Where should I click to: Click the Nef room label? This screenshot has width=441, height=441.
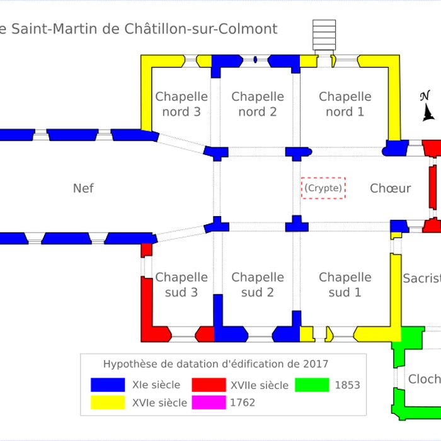tap(83, 188)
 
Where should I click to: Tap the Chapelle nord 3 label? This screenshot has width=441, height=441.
tap(181, 104)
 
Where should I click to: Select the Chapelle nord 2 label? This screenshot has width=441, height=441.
tap(257, 104)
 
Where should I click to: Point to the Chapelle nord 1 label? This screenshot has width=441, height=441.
tap(345, 104)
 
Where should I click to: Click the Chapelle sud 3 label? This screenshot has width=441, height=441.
tap(181, 285)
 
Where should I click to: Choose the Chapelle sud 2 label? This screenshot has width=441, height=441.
tap(257, 285)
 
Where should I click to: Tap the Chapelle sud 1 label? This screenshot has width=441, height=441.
tap(345, 285)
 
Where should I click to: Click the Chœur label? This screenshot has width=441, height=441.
tap(390, 188)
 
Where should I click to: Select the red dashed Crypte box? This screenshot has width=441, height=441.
tap(323, 188)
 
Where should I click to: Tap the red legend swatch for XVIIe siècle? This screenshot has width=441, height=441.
tap(209, 385)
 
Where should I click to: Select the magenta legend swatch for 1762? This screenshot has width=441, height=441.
tap(209, 402)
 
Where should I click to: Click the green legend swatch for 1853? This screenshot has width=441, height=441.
tap(312, 385)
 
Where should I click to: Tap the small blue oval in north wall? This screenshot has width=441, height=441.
tap(255, 60)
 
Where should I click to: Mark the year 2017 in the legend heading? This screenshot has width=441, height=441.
tap(315, 364)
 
